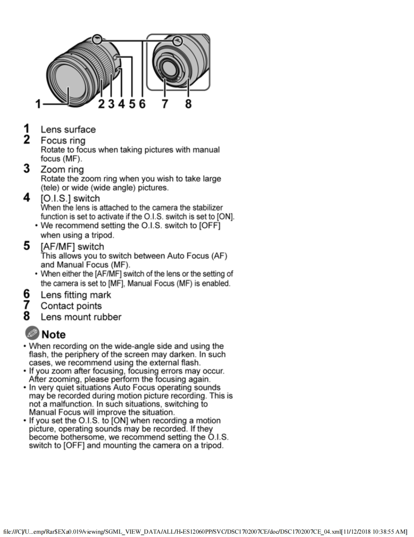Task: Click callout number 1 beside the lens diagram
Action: pyautogui.click(x=39, y=103)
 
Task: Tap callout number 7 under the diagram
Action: pyautogui.click(x=164, y=103)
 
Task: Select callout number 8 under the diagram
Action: pyautogui.click(x=188, y=103)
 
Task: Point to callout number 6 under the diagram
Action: pyautogui.click(x=142, y=103)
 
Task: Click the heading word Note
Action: pyautogui.click(x=54, y=335)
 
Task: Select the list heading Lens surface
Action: pyautogui.click(x=68, y=129)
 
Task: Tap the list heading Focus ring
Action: pyautogui.click(x=63, y=140)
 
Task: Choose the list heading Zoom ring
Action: pyautogui.click(x=62, y=169)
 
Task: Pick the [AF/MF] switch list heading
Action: pyautogui.click(x=72, y=246)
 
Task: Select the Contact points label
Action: pyautogui.click(x=71, y=306)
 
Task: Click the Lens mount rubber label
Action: pyautogui.click(x=81, y=317)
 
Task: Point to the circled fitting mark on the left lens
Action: pyautogui.click(x=97, y=40)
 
